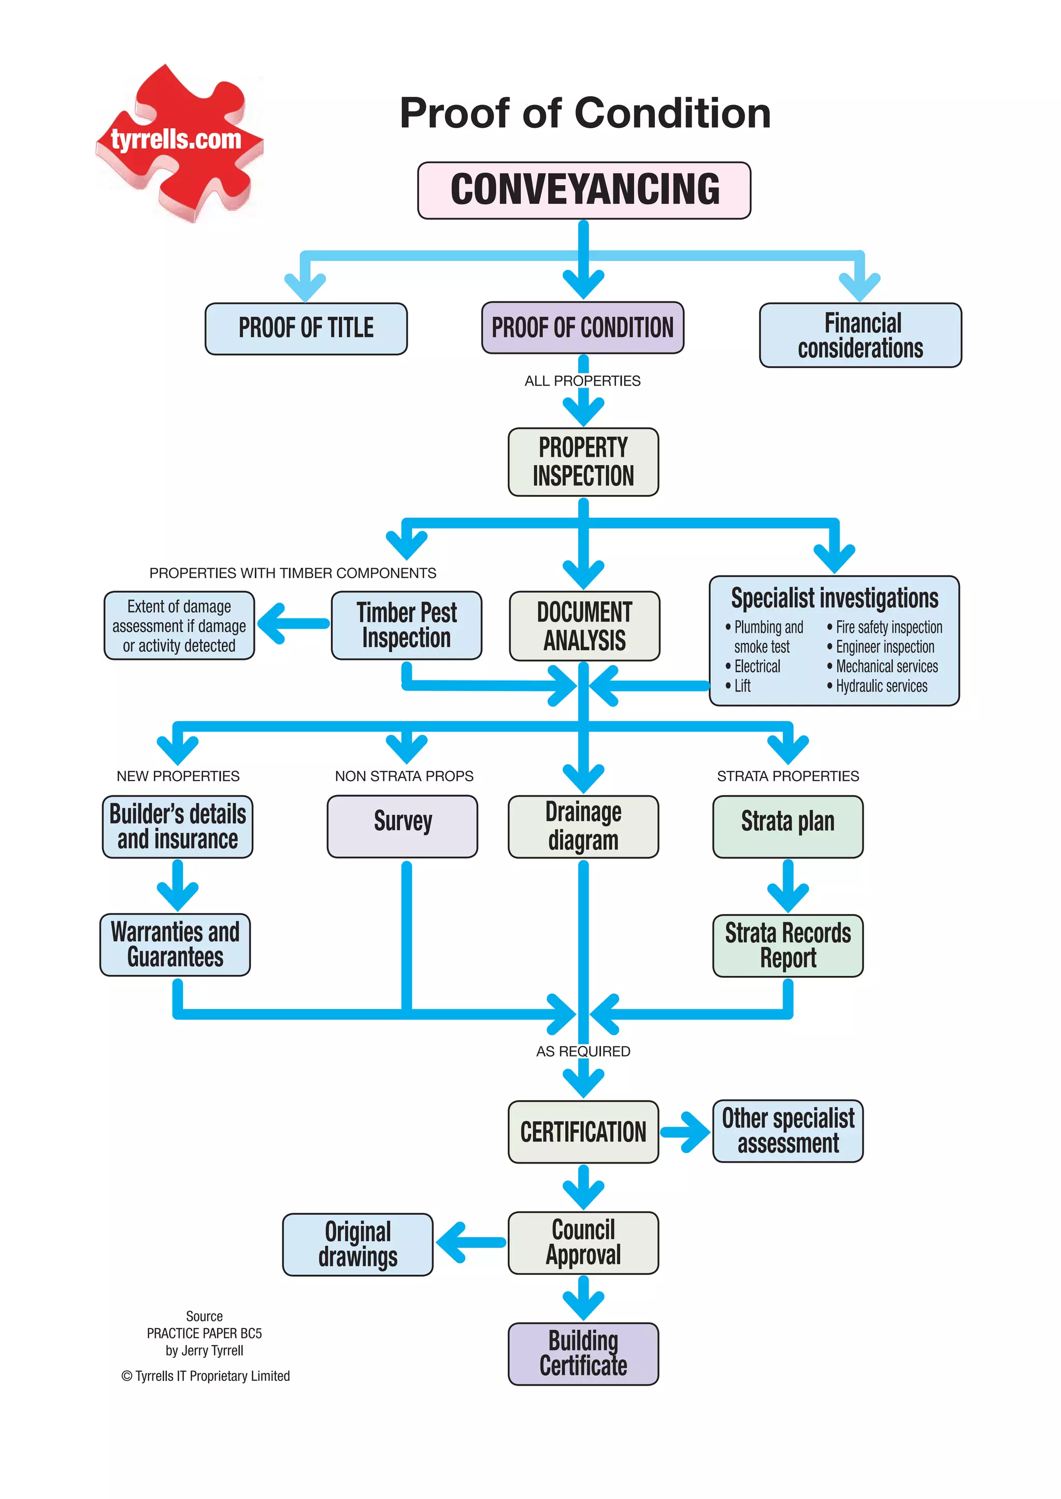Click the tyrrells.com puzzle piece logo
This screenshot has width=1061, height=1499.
178,142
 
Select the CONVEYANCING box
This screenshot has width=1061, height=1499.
584,190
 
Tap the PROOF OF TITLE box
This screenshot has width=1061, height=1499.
306,328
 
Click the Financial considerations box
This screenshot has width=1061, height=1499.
860,335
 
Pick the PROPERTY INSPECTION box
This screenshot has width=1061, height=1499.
583,462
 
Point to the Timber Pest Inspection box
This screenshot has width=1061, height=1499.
406,625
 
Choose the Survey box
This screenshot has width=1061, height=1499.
403,826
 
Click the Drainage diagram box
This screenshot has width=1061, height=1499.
583,826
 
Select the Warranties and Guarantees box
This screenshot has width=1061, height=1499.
175,944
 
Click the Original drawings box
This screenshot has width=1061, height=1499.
357,1244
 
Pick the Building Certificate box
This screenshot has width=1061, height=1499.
583,1354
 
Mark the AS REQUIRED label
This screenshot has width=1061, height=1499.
583,1051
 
